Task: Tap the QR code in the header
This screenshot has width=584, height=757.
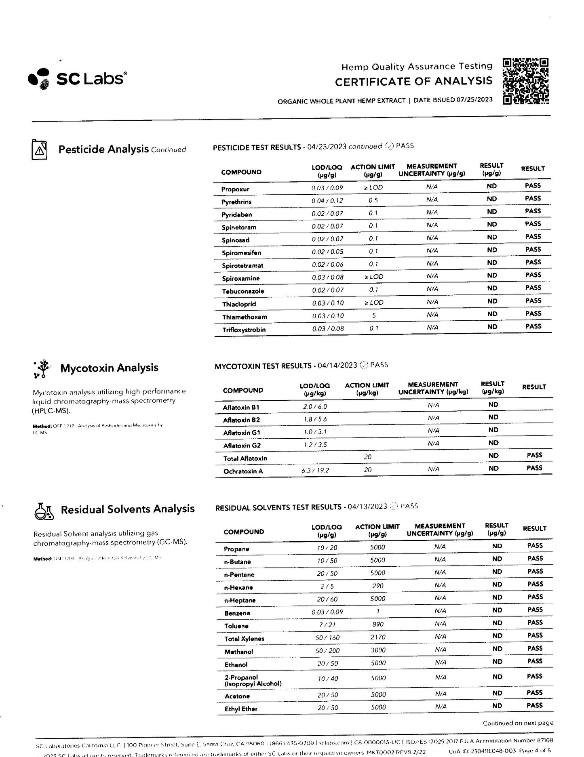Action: point(525,81)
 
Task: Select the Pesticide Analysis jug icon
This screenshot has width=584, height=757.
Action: point(40,149)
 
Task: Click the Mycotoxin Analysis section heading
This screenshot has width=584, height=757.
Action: point(109,368)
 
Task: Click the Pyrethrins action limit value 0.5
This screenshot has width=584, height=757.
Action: point(373,200)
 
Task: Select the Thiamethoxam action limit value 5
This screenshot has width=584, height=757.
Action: point(374,315)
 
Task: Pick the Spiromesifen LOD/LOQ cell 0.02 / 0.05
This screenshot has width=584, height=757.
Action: point(327,252)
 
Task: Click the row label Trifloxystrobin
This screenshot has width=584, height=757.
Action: point(244,330)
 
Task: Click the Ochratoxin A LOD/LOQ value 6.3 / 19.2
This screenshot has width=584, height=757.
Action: point(315,470)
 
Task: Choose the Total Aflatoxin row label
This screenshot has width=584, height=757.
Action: point(245,458)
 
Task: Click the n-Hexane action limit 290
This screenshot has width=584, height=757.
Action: point(378,586)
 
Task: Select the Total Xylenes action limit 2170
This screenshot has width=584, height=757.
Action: point(378,637)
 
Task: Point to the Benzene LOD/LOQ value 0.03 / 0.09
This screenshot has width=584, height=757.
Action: point(327,612)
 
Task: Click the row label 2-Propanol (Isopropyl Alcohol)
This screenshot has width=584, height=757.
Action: point(253,681)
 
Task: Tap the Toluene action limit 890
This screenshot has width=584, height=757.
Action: point(378,624)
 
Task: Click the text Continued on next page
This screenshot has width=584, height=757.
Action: point(518,723)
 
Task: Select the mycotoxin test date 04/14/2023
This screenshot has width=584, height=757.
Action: point(337,366)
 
